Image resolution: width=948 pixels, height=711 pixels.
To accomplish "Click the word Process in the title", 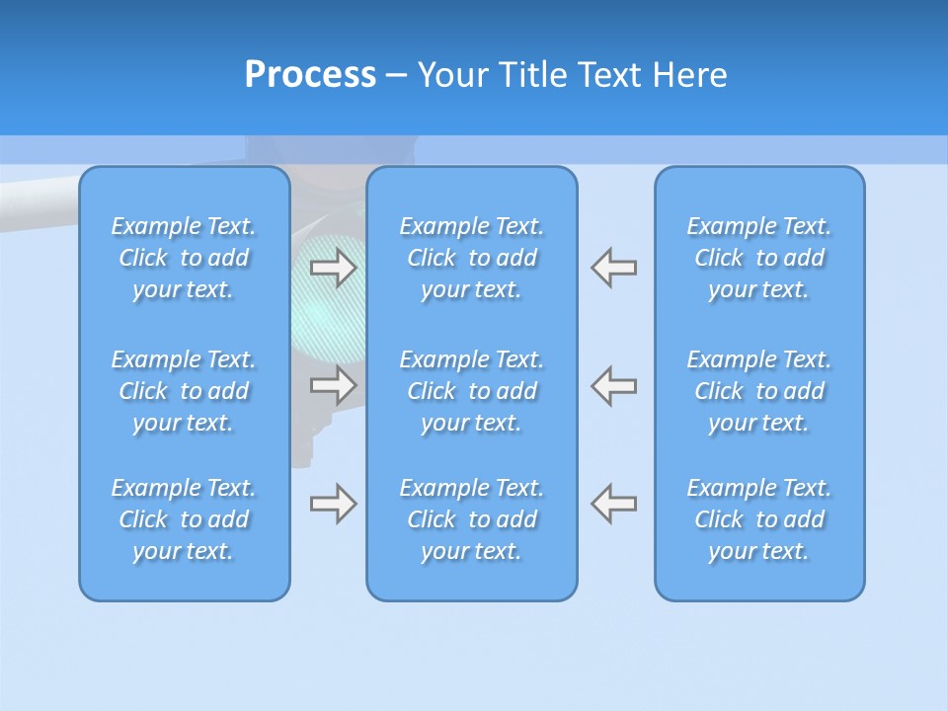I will [310, 75].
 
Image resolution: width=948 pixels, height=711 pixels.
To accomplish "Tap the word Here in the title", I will [689, 75].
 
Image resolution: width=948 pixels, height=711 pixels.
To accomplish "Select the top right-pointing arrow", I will [334, 268].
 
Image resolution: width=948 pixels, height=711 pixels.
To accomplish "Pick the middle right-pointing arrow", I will [334, 384].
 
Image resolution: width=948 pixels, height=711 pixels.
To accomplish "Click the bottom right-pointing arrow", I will [334, 504].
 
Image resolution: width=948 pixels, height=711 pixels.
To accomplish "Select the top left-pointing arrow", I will [614, 268].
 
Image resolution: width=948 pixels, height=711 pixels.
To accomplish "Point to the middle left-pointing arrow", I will [614, 384].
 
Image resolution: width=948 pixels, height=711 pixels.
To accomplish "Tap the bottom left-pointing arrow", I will [614, 504].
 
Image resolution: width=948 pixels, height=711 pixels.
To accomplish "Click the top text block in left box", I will [184, 258].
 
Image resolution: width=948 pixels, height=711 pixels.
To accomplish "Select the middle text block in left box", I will [184, 391].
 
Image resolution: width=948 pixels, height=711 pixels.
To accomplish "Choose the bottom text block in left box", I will [184, 519].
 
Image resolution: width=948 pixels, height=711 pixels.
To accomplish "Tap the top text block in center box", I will [472, 258].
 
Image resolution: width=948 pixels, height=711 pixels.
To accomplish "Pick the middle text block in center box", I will [472, 391].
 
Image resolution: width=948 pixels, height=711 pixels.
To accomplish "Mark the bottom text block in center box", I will [472, 519].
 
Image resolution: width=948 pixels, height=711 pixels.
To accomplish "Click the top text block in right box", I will [759, 258].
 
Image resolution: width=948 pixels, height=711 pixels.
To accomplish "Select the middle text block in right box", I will [759, 391].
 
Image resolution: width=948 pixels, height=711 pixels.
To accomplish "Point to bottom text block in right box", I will [759, 519].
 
